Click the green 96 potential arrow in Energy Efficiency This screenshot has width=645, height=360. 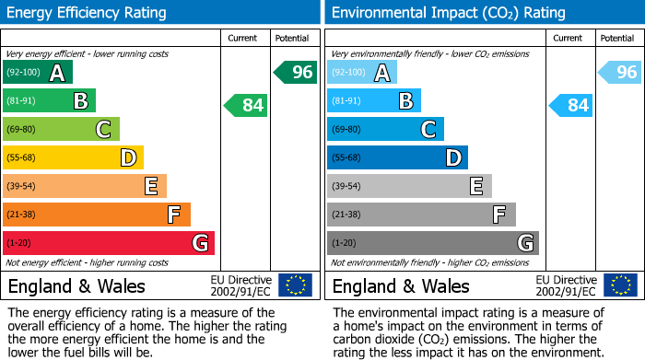point(296,72)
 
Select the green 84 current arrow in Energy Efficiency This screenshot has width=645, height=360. point(246,105)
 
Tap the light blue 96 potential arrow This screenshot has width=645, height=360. point(620,72)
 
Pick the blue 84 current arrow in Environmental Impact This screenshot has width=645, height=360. point(570,105)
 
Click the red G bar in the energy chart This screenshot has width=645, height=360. point(109,243)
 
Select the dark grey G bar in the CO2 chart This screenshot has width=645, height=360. point(432,243)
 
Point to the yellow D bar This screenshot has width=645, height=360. point(73,157)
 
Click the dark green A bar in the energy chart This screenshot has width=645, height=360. point(38,72)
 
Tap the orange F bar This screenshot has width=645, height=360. point(97,215)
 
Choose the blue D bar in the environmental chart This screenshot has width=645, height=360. point(397,157)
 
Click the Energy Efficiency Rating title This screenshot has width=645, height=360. point(88,13)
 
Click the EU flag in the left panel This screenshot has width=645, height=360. point(295,285)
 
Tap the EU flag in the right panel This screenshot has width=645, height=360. point(620,285)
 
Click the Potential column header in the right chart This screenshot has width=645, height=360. point(617,38)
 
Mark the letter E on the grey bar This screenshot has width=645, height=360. point(476,186)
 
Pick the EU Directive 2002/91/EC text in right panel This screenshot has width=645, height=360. point(566,285)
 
